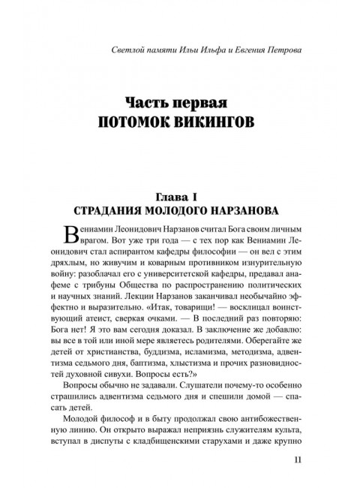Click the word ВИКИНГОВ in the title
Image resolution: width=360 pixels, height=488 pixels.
(x=220, y=121)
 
